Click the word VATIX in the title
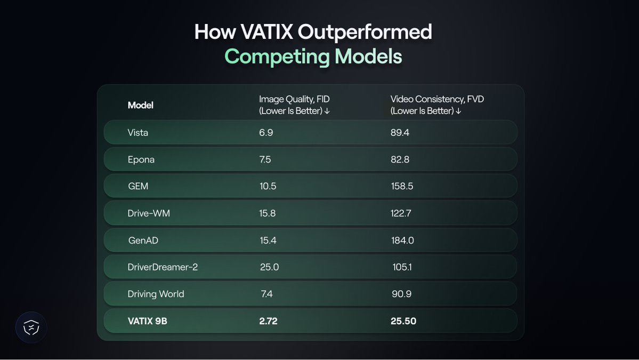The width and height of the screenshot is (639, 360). coord(266,32)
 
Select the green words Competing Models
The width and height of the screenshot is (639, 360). coord(313,57)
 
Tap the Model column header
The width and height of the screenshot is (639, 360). coord(141,105)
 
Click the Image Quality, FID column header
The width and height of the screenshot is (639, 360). coord(294,105)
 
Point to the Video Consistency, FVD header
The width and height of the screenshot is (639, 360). coord(437,105)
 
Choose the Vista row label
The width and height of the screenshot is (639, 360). coord(137,132)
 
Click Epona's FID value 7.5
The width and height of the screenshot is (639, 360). coord(265,159)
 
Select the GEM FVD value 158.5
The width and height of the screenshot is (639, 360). coord(402,186)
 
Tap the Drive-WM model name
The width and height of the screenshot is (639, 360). coord(149,213)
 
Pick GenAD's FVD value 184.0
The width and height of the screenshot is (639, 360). coord(402,241)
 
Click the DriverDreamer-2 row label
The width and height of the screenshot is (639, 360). coord(163,267)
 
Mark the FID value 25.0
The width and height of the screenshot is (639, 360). coord(269,267)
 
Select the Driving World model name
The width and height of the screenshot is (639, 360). coord(156,294)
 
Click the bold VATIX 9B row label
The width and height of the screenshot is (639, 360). coord(148,321)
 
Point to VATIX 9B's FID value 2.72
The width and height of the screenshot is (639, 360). coord(268,321)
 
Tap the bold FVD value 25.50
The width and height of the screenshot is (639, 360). coord(403,321)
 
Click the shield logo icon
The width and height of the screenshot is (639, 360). coord(31,327)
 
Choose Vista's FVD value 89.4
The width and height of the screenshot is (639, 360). coord(400,132)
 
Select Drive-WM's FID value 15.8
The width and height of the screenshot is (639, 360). coord(268,213)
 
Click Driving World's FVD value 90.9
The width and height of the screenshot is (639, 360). coord(401,294)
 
